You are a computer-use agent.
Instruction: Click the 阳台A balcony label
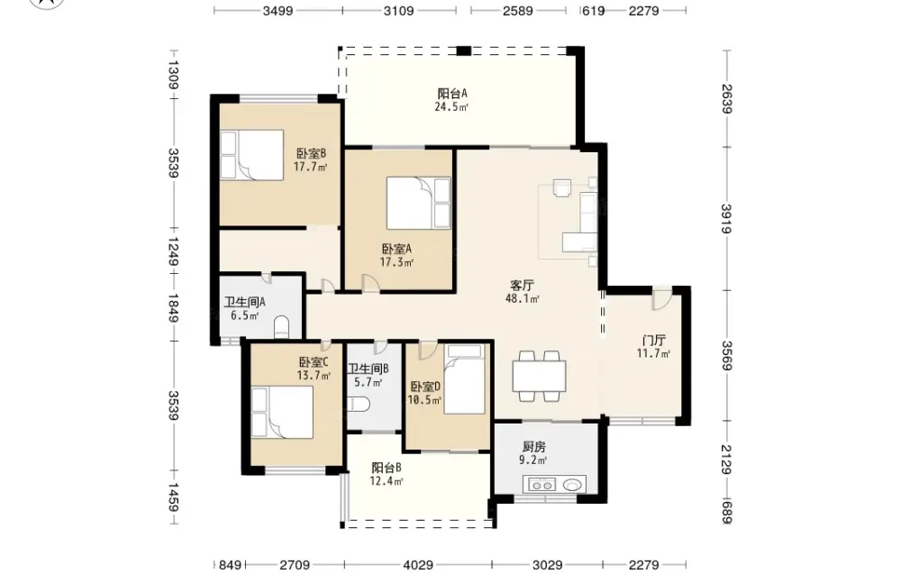click(x=452, y=93)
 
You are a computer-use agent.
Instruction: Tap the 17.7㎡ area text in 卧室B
click(x=310, y=168)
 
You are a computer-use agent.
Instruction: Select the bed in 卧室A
click(x=418, y=204)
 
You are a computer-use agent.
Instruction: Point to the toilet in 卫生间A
click(x=282, y=326)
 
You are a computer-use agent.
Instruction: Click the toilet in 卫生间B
click(x=359, y=404)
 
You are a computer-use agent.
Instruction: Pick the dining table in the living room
click(x=539, y=377)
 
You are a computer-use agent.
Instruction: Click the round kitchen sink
click(x=574, y=485)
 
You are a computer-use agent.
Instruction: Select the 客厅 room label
click(x=523, y=285)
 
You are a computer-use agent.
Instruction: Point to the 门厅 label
click(x=653, y=340)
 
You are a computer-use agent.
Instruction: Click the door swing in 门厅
click(x=661, y=297)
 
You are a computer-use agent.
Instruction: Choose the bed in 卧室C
click(x=282, y=413)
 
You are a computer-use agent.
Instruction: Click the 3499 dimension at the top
click(x=278, y=10)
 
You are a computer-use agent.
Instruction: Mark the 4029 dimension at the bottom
click(x=418, y=565)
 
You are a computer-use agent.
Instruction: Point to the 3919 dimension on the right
click(x=726, y=218)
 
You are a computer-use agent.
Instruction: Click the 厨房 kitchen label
click(x=533, y=446)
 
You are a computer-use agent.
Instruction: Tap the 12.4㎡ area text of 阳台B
click(x=387, y=481)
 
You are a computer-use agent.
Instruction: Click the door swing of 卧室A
click(x=370, y=283)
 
